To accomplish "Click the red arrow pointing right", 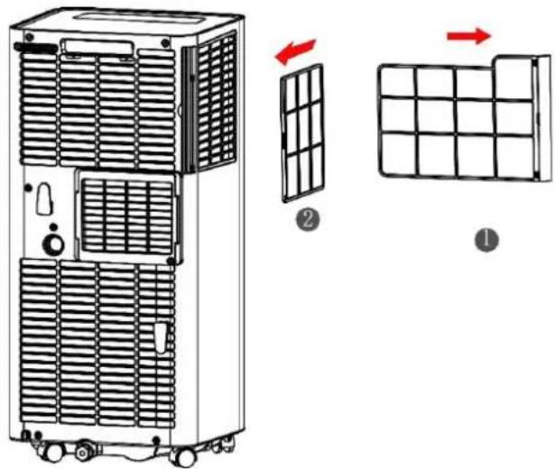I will click(x=468, y=36).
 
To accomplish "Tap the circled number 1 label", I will click(x=487, y=240).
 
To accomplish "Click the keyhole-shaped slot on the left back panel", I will click(x=42, y=199).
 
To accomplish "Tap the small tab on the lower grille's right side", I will click(x=161, y=338).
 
